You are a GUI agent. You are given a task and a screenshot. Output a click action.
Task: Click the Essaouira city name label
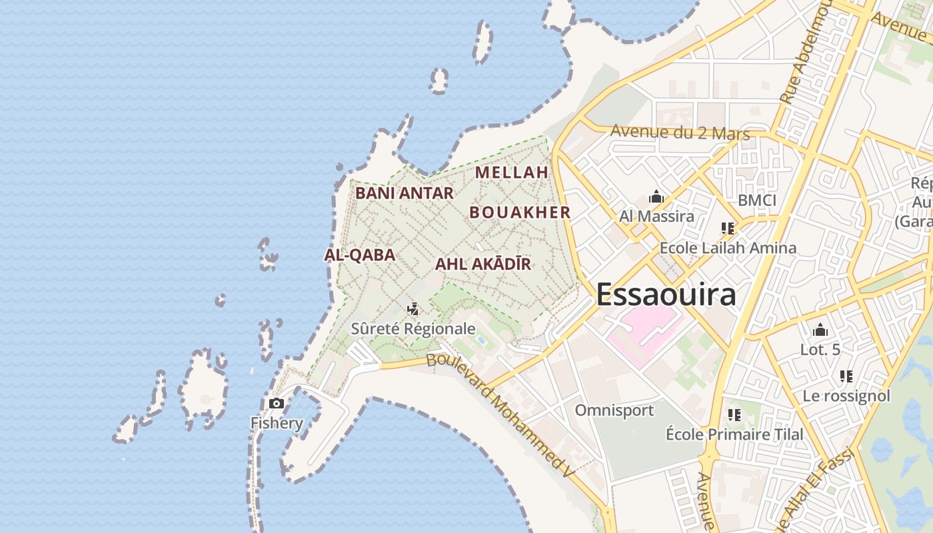[x=666, y=294]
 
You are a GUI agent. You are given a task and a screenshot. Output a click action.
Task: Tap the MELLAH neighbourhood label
[x=511, y=173]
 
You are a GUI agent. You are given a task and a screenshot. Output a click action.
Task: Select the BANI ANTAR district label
[x=404, y=193]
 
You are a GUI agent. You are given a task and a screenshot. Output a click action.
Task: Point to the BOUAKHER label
[x=520, y=213]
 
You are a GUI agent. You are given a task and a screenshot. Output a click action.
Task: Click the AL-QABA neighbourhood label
[x=360, y=255]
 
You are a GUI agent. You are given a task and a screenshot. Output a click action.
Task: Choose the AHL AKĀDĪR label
[x=483, y=264]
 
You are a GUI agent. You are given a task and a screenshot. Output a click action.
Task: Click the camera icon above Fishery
[x=276, y=403]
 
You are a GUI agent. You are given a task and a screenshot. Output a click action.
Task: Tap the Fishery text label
[x=277, y=423]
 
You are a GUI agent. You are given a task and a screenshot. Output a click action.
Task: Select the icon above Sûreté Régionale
[x=413, y=308]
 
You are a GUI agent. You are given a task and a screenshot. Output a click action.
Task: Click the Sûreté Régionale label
[x=413, y=328]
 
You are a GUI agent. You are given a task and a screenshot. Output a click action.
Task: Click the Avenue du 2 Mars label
[x=680, y=133]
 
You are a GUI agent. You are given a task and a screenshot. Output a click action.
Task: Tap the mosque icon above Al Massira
[x=656, y=197]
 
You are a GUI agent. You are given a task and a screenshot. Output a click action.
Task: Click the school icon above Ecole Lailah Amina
[x=727, y=229]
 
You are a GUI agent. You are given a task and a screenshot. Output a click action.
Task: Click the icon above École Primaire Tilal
[x=734, y=415]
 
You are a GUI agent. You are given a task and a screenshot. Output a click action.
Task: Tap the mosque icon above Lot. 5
[x=820, y=330]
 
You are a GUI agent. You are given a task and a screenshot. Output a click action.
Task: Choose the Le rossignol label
[x=846, y=396]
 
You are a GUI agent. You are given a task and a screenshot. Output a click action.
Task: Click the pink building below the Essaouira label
[x=640, y=333]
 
